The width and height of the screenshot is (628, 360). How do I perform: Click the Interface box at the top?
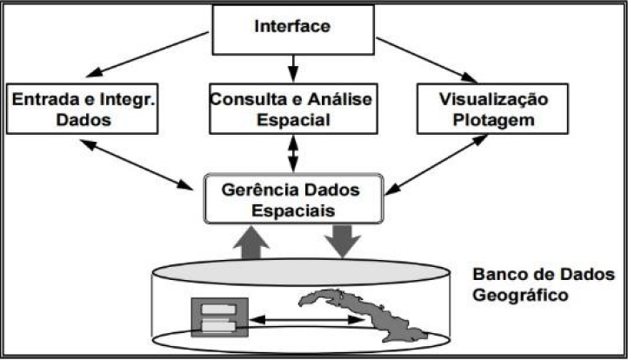[x=292, y=27]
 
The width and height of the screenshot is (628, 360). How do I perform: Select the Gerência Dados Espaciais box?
[x=292, y=199]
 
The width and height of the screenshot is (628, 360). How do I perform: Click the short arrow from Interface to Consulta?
[x=293, y=66]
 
